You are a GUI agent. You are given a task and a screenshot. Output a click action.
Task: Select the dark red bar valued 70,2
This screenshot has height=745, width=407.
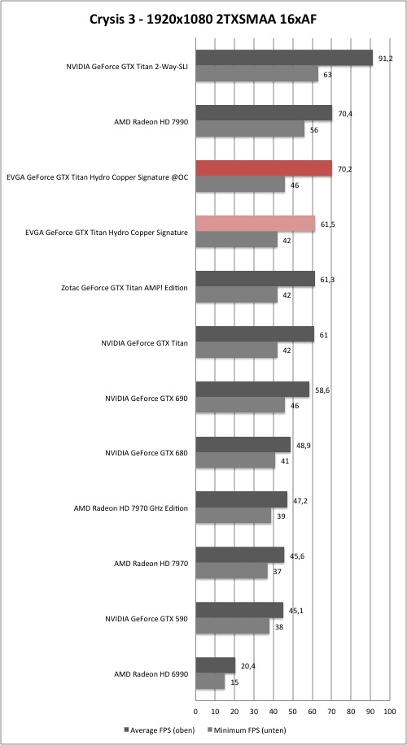[264, 168]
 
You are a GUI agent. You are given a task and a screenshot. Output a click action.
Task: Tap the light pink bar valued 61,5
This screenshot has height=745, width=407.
[256, 224]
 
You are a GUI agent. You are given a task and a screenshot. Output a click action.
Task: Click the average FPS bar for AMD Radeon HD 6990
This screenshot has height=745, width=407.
[216, 665]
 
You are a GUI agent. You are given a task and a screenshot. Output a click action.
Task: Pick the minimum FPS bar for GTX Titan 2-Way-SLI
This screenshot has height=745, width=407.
[256, 74]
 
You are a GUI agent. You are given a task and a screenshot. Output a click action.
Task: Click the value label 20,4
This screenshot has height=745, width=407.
[247, 666]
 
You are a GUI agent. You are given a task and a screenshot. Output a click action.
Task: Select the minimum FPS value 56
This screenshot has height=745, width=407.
[314, 129]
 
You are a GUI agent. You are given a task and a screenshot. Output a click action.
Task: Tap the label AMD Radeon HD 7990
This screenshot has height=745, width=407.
[151, 122]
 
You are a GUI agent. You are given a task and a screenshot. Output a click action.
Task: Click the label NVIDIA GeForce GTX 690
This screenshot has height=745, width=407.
[146, 399]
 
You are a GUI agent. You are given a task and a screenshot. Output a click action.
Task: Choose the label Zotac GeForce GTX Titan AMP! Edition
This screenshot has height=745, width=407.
[125, 287]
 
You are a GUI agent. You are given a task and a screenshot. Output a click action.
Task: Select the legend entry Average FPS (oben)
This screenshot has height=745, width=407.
[159, 730]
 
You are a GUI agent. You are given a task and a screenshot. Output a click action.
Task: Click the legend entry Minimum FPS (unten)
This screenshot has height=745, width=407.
[246, 730]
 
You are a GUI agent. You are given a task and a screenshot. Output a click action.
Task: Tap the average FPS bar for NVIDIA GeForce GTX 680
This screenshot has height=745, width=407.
[243, 445]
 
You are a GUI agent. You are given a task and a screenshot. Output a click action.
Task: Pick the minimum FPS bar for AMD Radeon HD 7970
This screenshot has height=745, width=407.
[231, 571]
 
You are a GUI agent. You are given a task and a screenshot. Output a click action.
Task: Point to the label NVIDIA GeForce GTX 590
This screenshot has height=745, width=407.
[146, 619]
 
